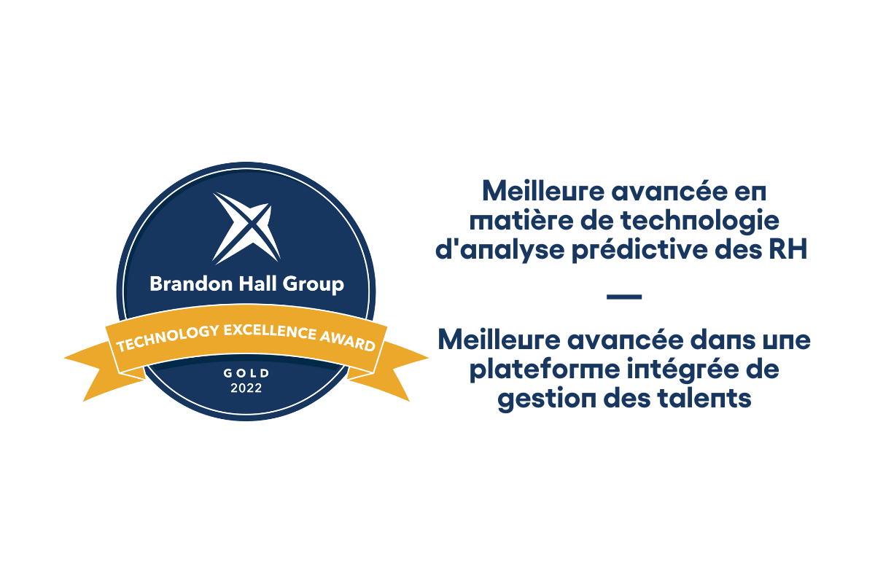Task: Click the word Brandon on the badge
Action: pyautogui.click(x=191, y=284)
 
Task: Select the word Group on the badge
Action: pyautogui.click(x=314, y=285)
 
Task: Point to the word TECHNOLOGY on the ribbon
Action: pyautogui.click(x=168, y=337)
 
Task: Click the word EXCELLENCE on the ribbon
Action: pyautogui.click(x=270, y=332)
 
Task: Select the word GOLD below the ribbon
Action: pyautogui.click(x=246, y=373)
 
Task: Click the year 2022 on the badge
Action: pyautogui.click(x=246, y=388)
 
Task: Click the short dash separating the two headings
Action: pyautogui.click(x=624, y=297)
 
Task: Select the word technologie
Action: pyautogui.click(x=700, y=222)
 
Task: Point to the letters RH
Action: pyautogui.click(x=788, y=250)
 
